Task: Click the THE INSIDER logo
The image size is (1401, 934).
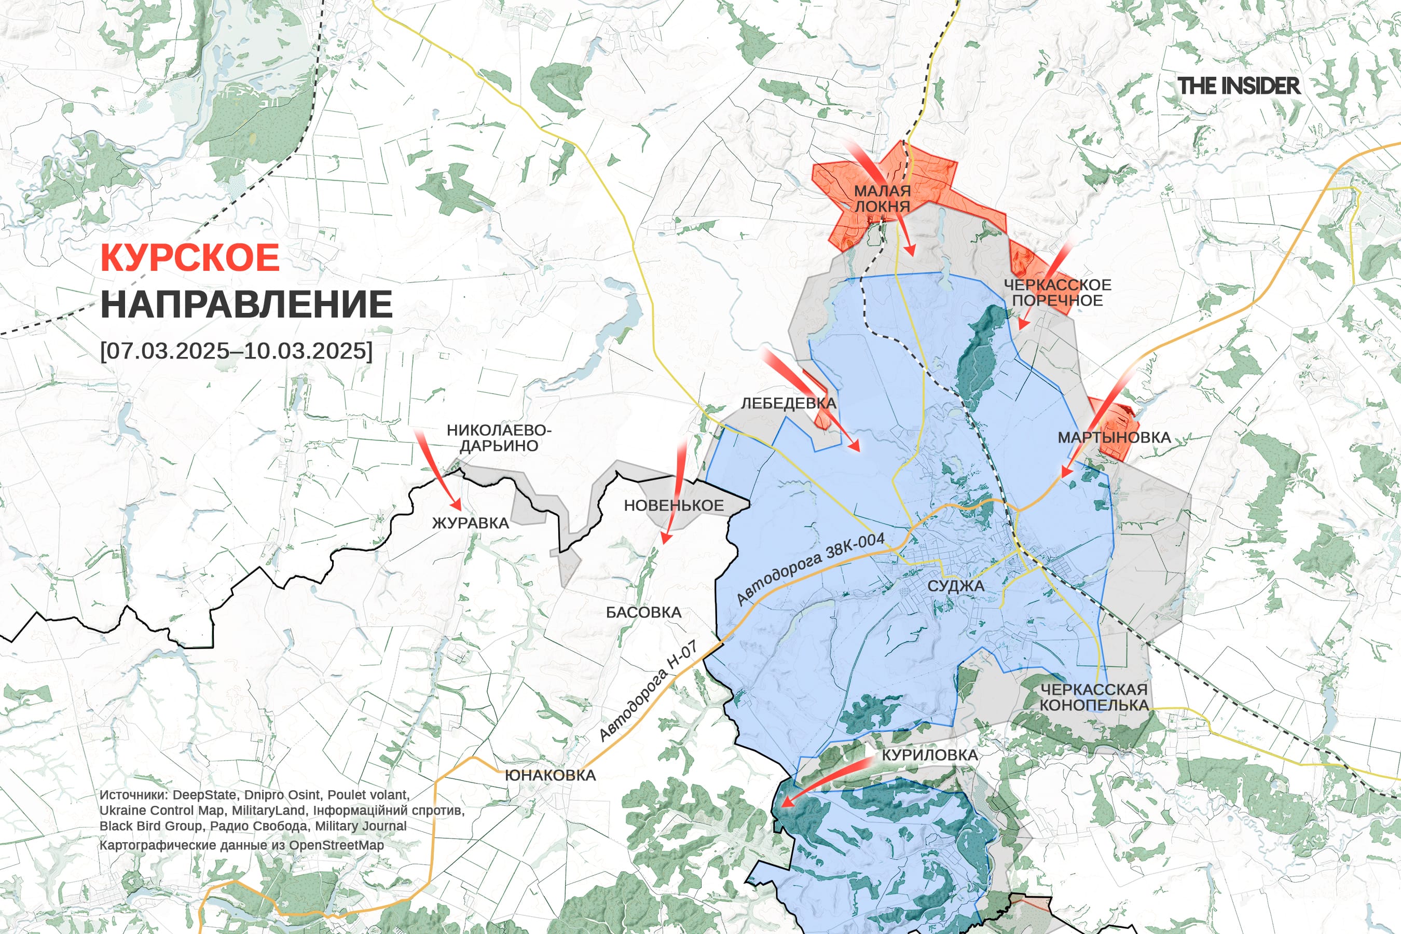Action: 1239,86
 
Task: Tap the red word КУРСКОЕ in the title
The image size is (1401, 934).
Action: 190,258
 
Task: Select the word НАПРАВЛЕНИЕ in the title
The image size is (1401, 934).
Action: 246,305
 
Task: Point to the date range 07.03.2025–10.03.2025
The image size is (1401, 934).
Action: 237,350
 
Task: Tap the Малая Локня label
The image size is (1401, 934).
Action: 882,198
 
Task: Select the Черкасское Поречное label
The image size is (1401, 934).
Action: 1057,293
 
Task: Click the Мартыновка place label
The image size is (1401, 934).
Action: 1114,437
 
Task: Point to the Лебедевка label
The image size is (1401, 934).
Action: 788,403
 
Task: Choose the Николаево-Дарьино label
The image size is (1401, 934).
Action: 499,438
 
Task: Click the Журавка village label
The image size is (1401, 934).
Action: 470,524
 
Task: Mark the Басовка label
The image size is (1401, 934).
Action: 643,612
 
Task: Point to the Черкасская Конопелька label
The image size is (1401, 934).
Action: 1094,697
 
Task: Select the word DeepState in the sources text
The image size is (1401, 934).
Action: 206,795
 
